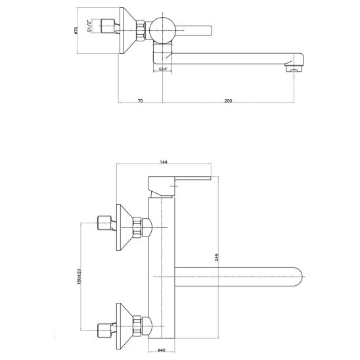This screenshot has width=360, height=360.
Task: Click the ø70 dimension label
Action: pos(76,30)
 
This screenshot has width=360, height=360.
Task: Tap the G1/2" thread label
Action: pos(89,26)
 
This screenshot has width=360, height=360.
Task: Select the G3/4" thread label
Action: pos(163,68)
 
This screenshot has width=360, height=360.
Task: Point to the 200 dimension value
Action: pos(228,101)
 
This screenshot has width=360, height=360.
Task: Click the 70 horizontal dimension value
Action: pos(141,101)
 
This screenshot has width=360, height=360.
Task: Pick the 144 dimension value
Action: pos(164,162)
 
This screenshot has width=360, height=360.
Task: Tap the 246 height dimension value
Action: pos(217,257)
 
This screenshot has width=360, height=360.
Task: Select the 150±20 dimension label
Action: pos(79,277)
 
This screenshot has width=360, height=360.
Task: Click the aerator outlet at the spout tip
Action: pos(294,68)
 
